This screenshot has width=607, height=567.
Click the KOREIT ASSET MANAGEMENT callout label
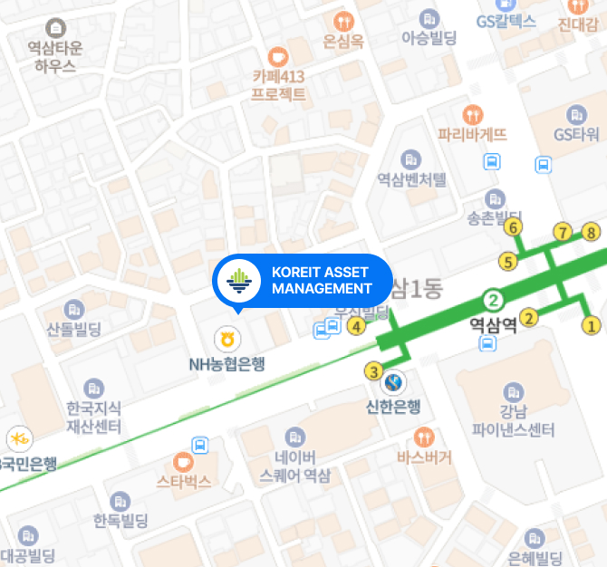point(322,281)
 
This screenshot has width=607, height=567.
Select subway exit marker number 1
point(592,324)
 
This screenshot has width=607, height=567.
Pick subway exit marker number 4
point(358,326)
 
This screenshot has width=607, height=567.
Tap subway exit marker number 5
point(508,263)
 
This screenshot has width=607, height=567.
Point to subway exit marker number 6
point(514,227)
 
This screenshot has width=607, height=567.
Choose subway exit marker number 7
point(563,233)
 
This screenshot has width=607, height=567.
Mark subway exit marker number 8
point(592,233)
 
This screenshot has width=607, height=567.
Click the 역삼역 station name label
point(493,324)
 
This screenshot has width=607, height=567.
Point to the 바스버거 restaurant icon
point(424,435)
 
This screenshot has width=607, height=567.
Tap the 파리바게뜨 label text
point(472,135)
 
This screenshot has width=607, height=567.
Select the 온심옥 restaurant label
point(343,41)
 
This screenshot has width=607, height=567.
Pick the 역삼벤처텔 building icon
point(412,159)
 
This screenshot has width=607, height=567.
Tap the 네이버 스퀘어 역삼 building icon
point(294,437)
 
